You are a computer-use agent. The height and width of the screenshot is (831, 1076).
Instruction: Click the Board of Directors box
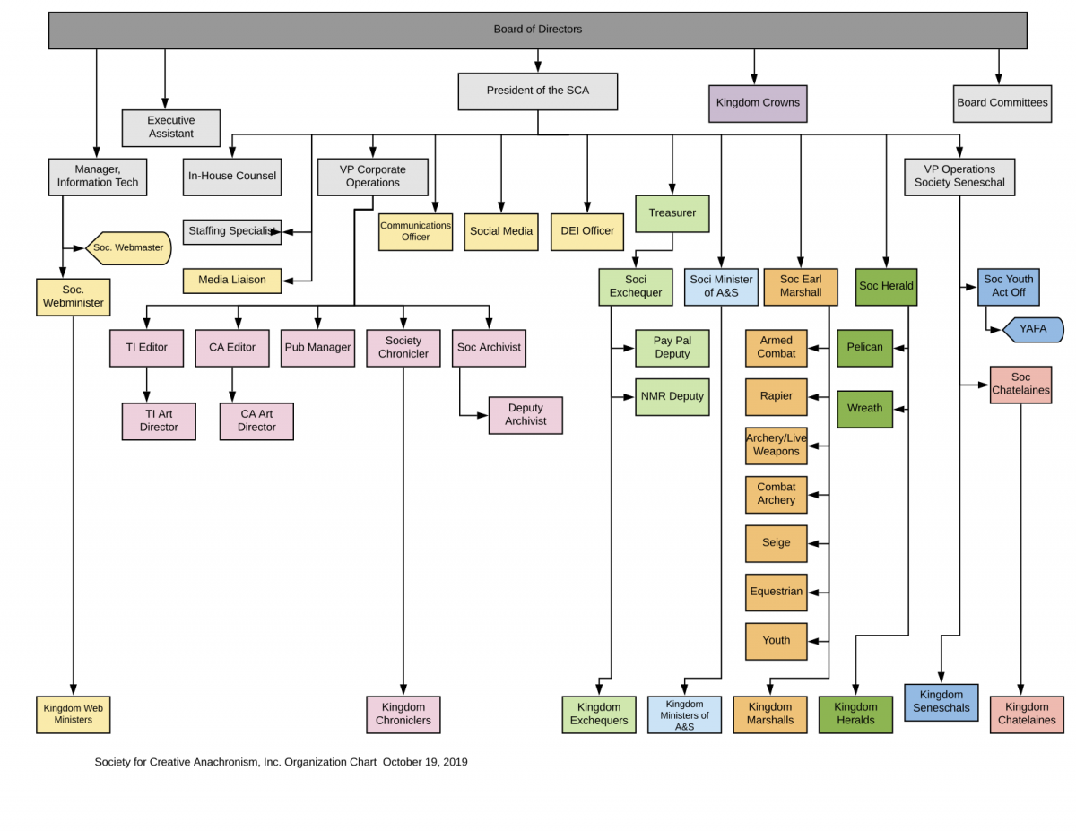537,30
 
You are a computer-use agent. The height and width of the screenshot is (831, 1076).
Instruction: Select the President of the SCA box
537,91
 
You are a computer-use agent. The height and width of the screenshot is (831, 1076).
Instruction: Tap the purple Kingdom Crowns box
757,103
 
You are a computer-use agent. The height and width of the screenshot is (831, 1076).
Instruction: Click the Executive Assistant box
170,127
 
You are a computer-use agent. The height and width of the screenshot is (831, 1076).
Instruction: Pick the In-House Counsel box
232,177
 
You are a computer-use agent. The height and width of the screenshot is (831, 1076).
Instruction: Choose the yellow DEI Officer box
586,231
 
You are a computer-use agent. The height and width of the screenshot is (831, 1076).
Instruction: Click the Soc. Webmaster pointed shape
128,247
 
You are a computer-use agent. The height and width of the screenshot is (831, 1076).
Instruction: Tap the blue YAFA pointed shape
1033,329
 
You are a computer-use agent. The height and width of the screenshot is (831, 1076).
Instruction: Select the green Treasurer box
672,213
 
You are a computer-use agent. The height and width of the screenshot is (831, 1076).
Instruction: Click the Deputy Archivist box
525,415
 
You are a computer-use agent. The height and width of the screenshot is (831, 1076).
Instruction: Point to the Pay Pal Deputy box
672,348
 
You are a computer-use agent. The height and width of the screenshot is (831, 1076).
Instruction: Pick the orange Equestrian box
776,592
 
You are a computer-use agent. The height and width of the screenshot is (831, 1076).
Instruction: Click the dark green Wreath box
864,409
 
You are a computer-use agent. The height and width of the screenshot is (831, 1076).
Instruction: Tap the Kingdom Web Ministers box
73,714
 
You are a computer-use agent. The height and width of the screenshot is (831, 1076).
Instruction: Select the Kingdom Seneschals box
941,702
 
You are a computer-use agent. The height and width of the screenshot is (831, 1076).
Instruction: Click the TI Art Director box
159,421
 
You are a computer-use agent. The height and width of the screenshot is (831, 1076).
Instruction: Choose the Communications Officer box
415,231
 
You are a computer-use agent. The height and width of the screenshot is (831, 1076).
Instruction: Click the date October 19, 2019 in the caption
425,762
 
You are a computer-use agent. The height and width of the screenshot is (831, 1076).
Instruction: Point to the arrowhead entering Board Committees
998,80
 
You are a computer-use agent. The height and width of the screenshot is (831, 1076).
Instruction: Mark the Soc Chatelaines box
1020,385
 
